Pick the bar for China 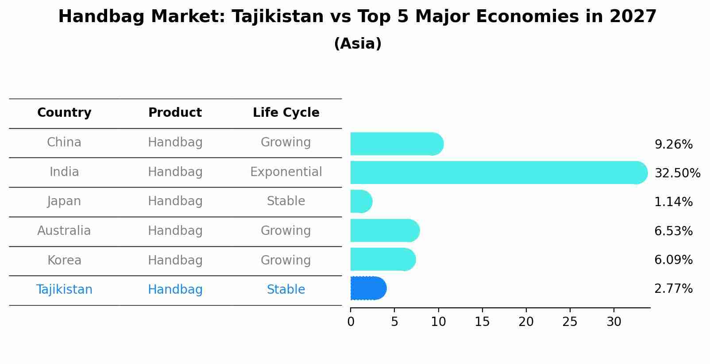coord(397,144)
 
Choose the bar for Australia coord(385,230)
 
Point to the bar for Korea coord(383,259)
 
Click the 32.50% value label coord(677,173)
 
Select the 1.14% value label coord(673,202)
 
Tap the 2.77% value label coord(673,289)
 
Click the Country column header coord(64,113)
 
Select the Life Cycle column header coord(286,113)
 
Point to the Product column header coord(175,113)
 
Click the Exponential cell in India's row coord(286,172)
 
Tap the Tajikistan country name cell coord(64,290)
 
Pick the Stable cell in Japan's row coord(286,201)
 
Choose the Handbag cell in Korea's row coord(175,261)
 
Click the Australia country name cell coord(64,231)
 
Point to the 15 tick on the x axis coord(482,322)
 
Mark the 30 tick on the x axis coord(614,322)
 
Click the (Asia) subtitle coord(358,44)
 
